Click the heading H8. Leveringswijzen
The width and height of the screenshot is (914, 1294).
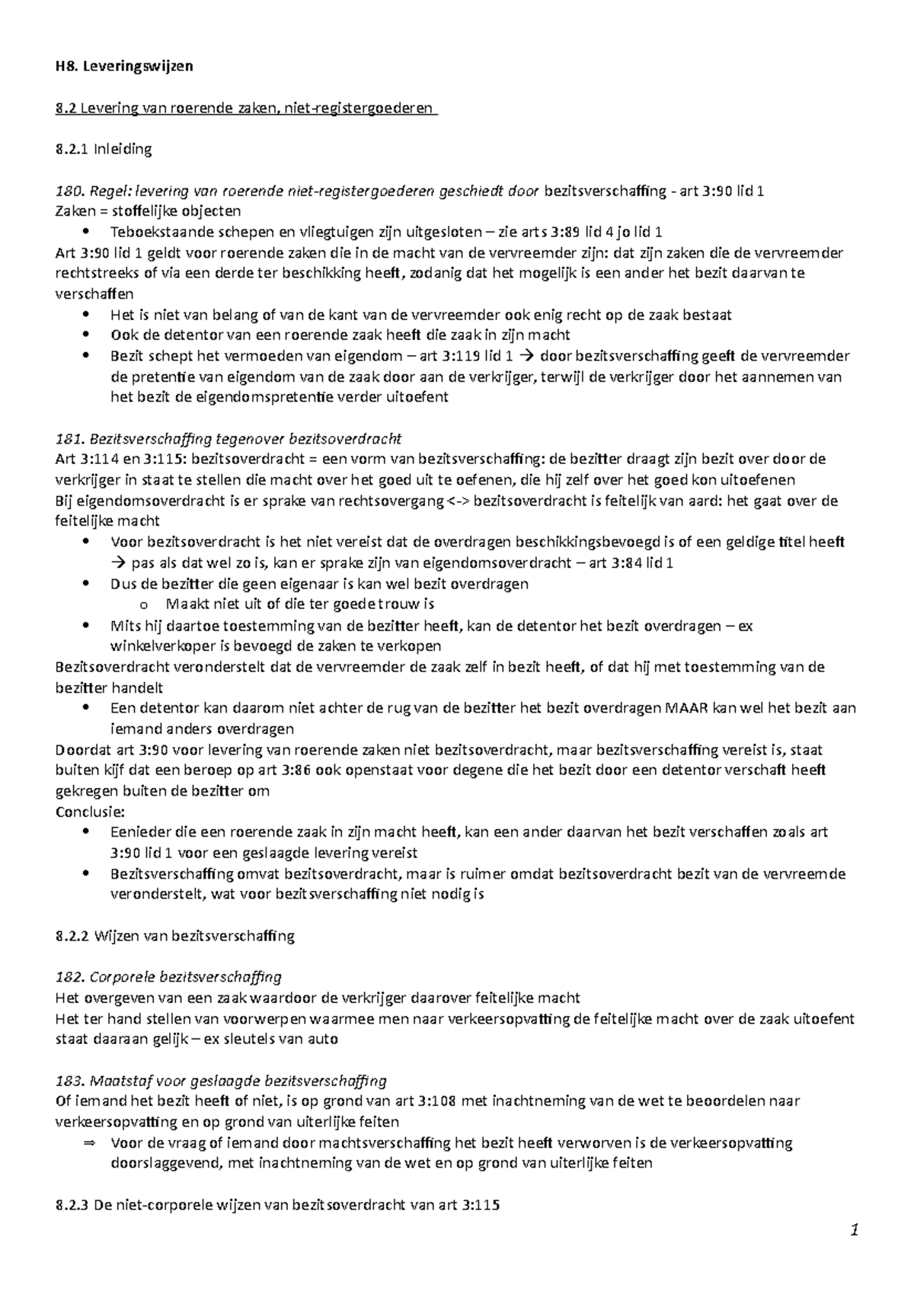click(x=124, y=66)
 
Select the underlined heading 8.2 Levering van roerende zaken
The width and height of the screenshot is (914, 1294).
click(x=246, y=108)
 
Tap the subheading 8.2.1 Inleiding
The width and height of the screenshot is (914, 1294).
click(x=104, y=149)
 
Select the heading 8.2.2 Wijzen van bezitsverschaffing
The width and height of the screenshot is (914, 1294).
click(x=175, y=936)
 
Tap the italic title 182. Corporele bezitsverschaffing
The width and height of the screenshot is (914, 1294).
click(x=169, y=977)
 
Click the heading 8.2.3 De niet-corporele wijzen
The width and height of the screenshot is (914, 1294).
click(x=278, y=1206)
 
